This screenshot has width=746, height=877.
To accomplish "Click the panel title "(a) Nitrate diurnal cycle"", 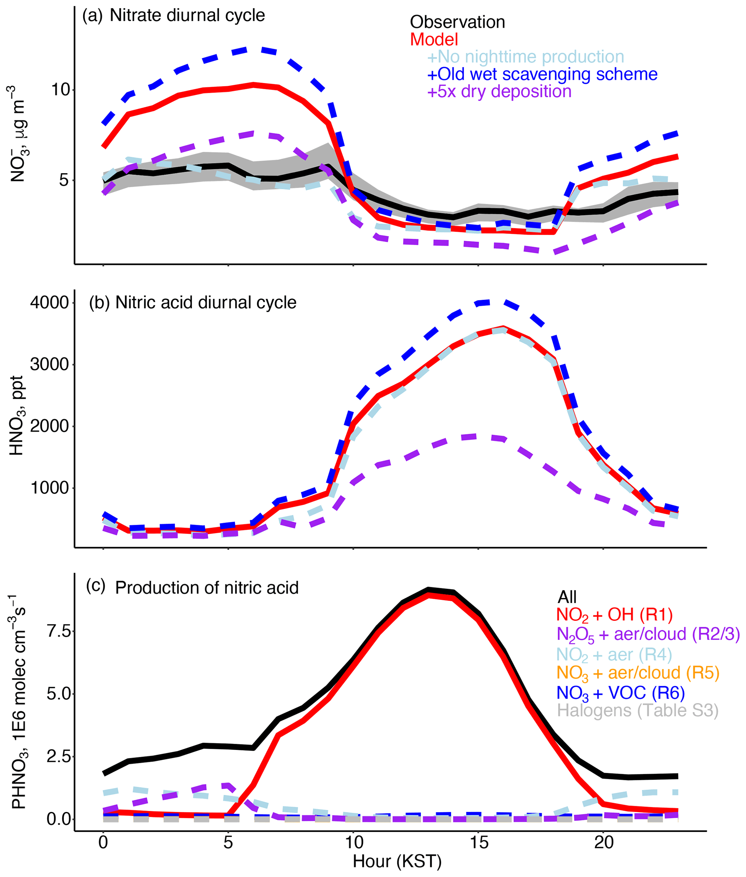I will pyautogui.click(x=173, y=16).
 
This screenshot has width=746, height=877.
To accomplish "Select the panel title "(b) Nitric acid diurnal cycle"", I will pyautogui.click(x=192, y=303).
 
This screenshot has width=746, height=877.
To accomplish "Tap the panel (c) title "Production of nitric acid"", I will pyautogui.click(x=207, y=588).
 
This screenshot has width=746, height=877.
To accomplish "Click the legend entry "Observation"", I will pyautogui.click(x=457, y=22).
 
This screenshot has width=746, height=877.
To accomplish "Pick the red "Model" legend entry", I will pyautogui.click(x=434, y=39).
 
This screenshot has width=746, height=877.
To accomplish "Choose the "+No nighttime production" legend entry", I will pyautogui.click(x=526, y=57).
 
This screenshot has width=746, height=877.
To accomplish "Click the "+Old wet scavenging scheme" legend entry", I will pyautogui.click(x=542, y=74).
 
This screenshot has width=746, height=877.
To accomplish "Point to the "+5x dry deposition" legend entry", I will pyautogui.click(x=499, y=91).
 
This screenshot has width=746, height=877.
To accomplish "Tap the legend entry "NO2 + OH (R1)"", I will pyautogui.click(x=614, y=615).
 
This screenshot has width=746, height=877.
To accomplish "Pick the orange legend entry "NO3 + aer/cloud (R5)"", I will pyautogui.click(x=638, y=673).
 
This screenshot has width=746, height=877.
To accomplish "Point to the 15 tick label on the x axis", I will pyautogui.click(x=478, y=842).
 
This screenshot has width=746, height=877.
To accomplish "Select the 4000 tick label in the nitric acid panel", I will pyautogui.click(x=49, y=303).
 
